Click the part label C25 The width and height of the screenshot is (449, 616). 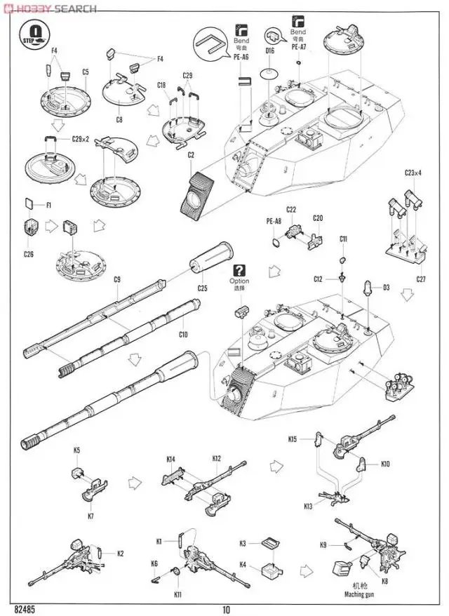202,288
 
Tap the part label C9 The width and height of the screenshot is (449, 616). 117,280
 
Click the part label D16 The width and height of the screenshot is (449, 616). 269,51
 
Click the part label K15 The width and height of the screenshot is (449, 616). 293,439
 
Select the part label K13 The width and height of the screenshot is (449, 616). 308,506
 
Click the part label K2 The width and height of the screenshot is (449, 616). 120,553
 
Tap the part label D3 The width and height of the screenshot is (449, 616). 387,287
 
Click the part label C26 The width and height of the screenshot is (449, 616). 28,254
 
